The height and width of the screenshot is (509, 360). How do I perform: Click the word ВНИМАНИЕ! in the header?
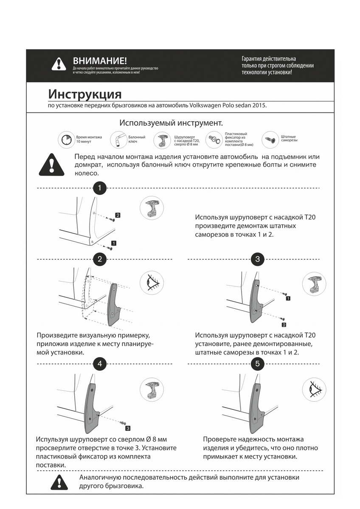pyautogui.click(x=100, y=61)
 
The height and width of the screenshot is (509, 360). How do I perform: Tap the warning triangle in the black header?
pyautogui.click(x=59, y=64)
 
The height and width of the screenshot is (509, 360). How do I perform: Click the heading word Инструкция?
pyautogui.click(x=85, y=93)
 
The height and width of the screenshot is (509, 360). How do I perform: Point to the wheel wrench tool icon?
pyautogui.click(x=117, y=139)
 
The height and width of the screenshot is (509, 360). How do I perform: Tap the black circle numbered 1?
pyautogui.click(x=99, y=187)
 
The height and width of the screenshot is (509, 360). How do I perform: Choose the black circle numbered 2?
pyautogui.click(x=99, y=259)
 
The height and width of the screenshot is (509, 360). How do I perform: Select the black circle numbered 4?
pyautogui.click(x=99, y=364)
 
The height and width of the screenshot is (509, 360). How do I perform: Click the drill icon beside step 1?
pyautogui.click(x=152, y=208)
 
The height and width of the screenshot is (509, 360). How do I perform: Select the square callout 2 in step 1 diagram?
pyautogui.click(x=118, y=215)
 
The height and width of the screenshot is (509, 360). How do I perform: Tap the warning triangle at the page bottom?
pyautogui.click(x=59, y=482)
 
